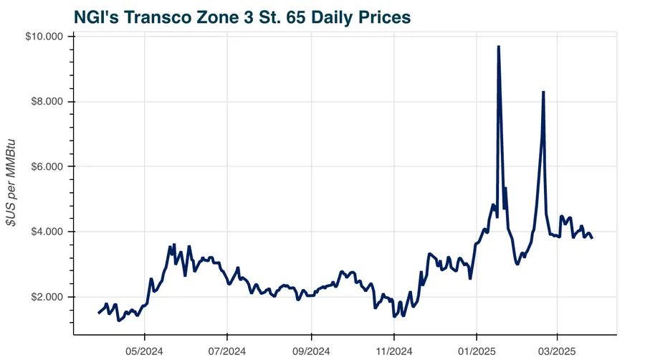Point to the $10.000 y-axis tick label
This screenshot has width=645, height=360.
[44, 37]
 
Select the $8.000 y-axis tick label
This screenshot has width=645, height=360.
[46, 102]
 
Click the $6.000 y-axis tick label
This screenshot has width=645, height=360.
[46, 166]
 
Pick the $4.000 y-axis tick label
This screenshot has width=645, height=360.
[46, 232]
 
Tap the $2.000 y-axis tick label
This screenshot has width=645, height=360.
[46, 297]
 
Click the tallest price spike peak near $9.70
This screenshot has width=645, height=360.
[498, 47]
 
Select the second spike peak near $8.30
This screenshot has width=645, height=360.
[544, 92]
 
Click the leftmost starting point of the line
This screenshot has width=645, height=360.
[99, 313]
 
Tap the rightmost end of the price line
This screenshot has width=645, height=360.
[592, 237]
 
